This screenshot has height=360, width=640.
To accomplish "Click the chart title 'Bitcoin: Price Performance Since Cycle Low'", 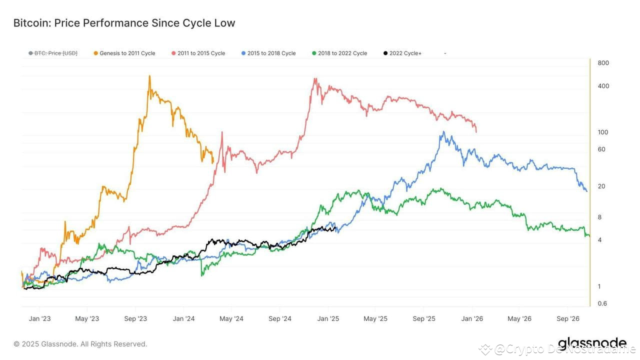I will (x=124, y=23).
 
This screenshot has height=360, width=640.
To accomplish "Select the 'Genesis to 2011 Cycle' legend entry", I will (x=127, y=53).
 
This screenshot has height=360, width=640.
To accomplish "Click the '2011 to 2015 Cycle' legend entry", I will (x=201, y=53).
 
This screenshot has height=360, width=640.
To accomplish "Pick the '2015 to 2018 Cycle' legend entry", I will (x=271, y=53).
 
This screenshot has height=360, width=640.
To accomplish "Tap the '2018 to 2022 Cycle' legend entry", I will (x=342, y=53).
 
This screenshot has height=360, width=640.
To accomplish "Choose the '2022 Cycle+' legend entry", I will (x=405, y=53).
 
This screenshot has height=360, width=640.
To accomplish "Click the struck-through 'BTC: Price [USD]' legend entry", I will (x=55, y=53).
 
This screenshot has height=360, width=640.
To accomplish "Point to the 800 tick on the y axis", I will (x=603, y=63).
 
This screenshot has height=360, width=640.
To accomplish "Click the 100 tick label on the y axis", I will (x=603, y=132).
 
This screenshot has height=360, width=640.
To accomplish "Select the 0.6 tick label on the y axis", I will (x=602, y=303).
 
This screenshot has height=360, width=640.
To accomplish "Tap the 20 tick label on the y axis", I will (x=601, y=186).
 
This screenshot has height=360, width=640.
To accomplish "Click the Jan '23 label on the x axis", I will (x=39, y=318).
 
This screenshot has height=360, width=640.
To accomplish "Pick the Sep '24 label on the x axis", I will (x=280, y=318).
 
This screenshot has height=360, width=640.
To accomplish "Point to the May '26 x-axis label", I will (x=520, y=318).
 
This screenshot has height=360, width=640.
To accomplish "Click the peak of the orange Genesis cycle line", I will (x=149, y=76).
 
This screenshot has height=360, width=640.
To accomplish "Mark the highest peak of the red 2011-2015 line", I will (x=314, y=78).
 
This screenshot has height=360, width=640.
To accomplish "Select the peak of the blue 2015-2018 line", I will (x=442, y=132).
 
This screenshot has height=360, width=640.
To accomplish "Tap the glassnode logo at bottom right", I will (x=592, y=344).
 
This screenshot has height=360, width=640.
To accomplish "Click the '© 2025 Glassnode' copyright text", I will (x=80, y=344).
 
